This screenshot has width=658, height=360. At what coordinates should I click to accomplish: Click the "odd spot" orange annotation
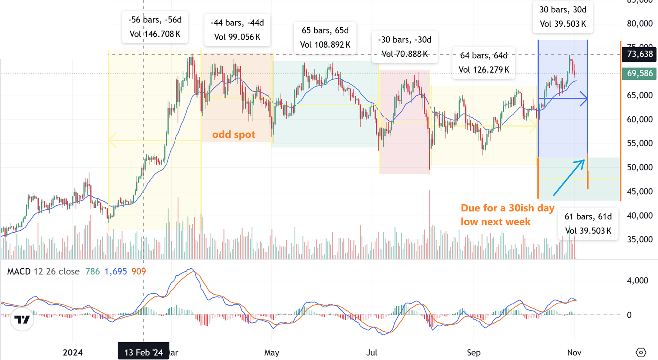(233, 135)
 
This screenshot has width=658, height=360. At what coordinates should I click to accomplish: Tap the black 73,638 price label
(639, 54)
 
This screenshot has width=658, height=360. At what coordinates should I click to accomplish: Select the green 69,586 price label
(639, 74)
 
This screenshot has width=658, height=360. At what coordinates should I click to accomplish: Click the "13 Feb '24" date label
(143, 352)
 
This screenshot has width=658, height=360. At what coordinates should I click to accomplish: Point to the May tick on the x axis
(272, 353)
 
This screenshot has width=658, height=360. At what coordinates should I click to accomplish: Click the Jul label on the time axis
(372, 353)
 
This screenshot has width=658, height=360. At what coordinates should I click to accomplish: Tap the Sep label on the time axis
(474, 353)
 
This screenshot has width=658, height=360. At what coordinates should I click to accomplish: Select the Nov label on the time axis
(574, 353)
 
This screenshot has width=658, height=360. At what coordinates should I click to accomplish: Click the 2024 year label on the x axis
(73, 353)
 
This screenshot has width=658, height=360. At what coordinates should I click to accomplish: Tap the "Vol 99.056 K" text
(237, 37)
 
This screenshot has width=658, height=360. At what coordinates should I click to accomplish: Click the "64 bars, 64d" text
(483, 56)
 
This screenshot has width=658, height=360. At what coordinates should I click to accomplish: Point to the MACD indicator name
(19, 272)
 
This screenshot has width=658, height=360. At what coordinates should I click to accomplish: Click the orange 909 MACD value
(139, 272)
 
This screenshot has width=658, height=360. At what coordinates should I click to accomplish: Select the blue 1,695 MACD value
(115, 272)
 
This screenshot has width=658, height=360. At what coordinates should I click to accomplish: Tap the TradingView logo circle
(22, 319)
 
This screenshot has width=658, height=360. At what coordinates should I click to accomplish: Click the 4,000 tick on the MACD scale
(637, 281)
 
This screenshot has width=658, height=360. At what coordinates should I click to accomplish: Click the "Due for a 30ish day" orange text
(507, 208)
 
